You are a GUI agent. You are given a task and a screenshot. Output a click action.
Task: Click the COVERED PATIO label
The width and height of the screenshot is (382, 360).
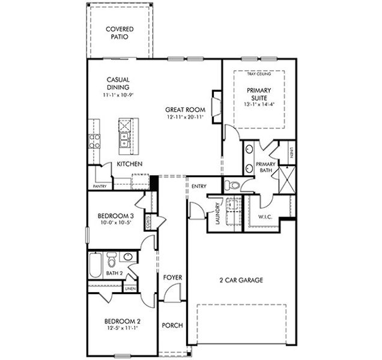pos(120,32)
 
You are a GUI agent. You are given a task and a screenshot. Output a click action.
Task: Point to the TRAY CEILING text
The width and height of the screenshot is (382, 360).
pos(259,74)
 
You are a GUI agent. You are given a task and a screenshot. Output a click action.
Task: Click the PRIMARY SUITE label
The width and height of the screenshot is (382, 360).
pos(259,94)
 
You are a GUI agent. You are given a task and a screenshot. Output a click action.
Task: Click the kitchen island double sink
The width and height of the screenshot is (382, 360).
pos(124,142)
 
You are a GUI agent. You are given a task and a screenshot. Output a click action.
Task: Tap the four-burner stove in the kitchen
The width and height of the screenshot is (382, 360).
pos(95,141)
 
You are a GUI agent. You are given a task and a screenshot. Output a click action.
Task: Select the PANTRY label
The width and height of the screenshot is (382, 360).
pos(100,186)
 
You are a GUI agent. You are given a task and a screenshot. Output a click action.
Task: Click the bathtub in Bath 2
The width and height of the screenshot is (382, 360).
pos(96,264)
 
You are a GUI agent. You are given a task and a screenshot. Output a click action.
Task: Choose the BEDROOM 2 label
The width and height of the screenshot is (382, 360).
pos(114,321)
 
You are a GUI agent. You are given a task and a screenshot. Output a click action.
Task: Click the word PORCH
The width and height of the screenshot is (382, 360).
pos(173,326)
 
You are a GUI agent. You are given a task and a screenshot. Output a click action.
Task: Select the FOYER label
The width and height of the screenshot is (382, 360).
pos(173,278)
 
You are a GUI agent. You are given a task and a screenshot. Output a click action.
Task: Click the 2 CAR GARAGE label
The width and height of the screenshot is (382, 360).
pos(241,280)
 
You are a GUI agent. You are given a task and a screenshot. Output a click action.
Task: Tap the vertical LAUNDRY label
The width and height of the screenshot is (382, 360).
pos(217,214)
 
